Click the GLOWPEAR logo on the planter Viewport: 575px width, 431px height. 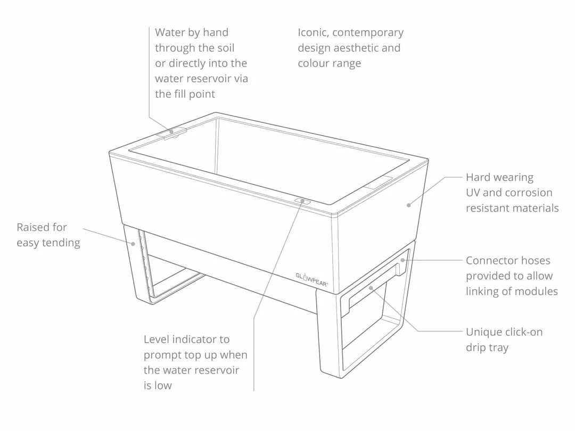pos(312,278)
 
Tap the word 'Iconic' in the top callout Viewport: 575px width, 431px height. pos(314,33)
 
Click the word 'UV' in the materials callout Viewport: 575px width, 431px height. pos(473,193)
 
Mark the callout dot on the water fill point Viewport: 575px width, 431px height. pos(171,131)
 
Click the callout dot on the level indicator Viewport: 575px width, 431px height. pos(302,201)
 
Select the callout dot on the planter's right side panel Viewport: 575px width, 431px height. pos(409,205)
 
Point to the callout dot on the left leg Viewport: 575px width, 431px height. pos(134,244)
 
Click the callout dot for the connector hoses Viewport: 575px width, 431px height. pos(402,260)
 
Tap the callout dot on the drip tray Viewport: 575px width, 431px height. pos(371,288)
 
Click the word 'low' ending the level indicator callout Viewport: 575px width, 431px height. pos(163,386)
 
